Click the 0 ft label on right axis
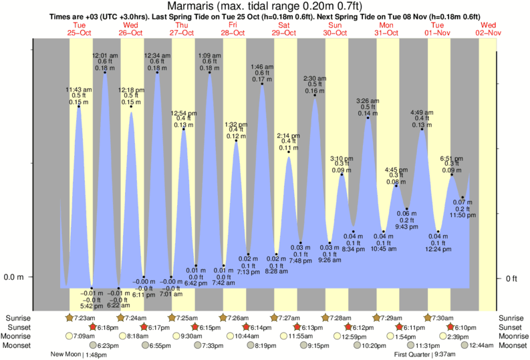pos(511,278)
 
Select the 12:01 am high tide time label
pos(104,55)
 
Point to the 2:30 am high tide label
pos(314,78)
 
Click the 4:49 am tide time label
pos(422,112)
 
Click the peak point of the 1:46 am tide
pos(262,83)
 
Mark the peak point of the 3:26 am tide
pos(368,118)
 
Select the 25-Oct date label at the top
pos(80,32)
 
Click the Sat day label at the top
pos(284,25)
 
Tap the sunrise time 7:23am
pos(84,317)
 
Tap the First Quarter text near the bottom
pos(412,355)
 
